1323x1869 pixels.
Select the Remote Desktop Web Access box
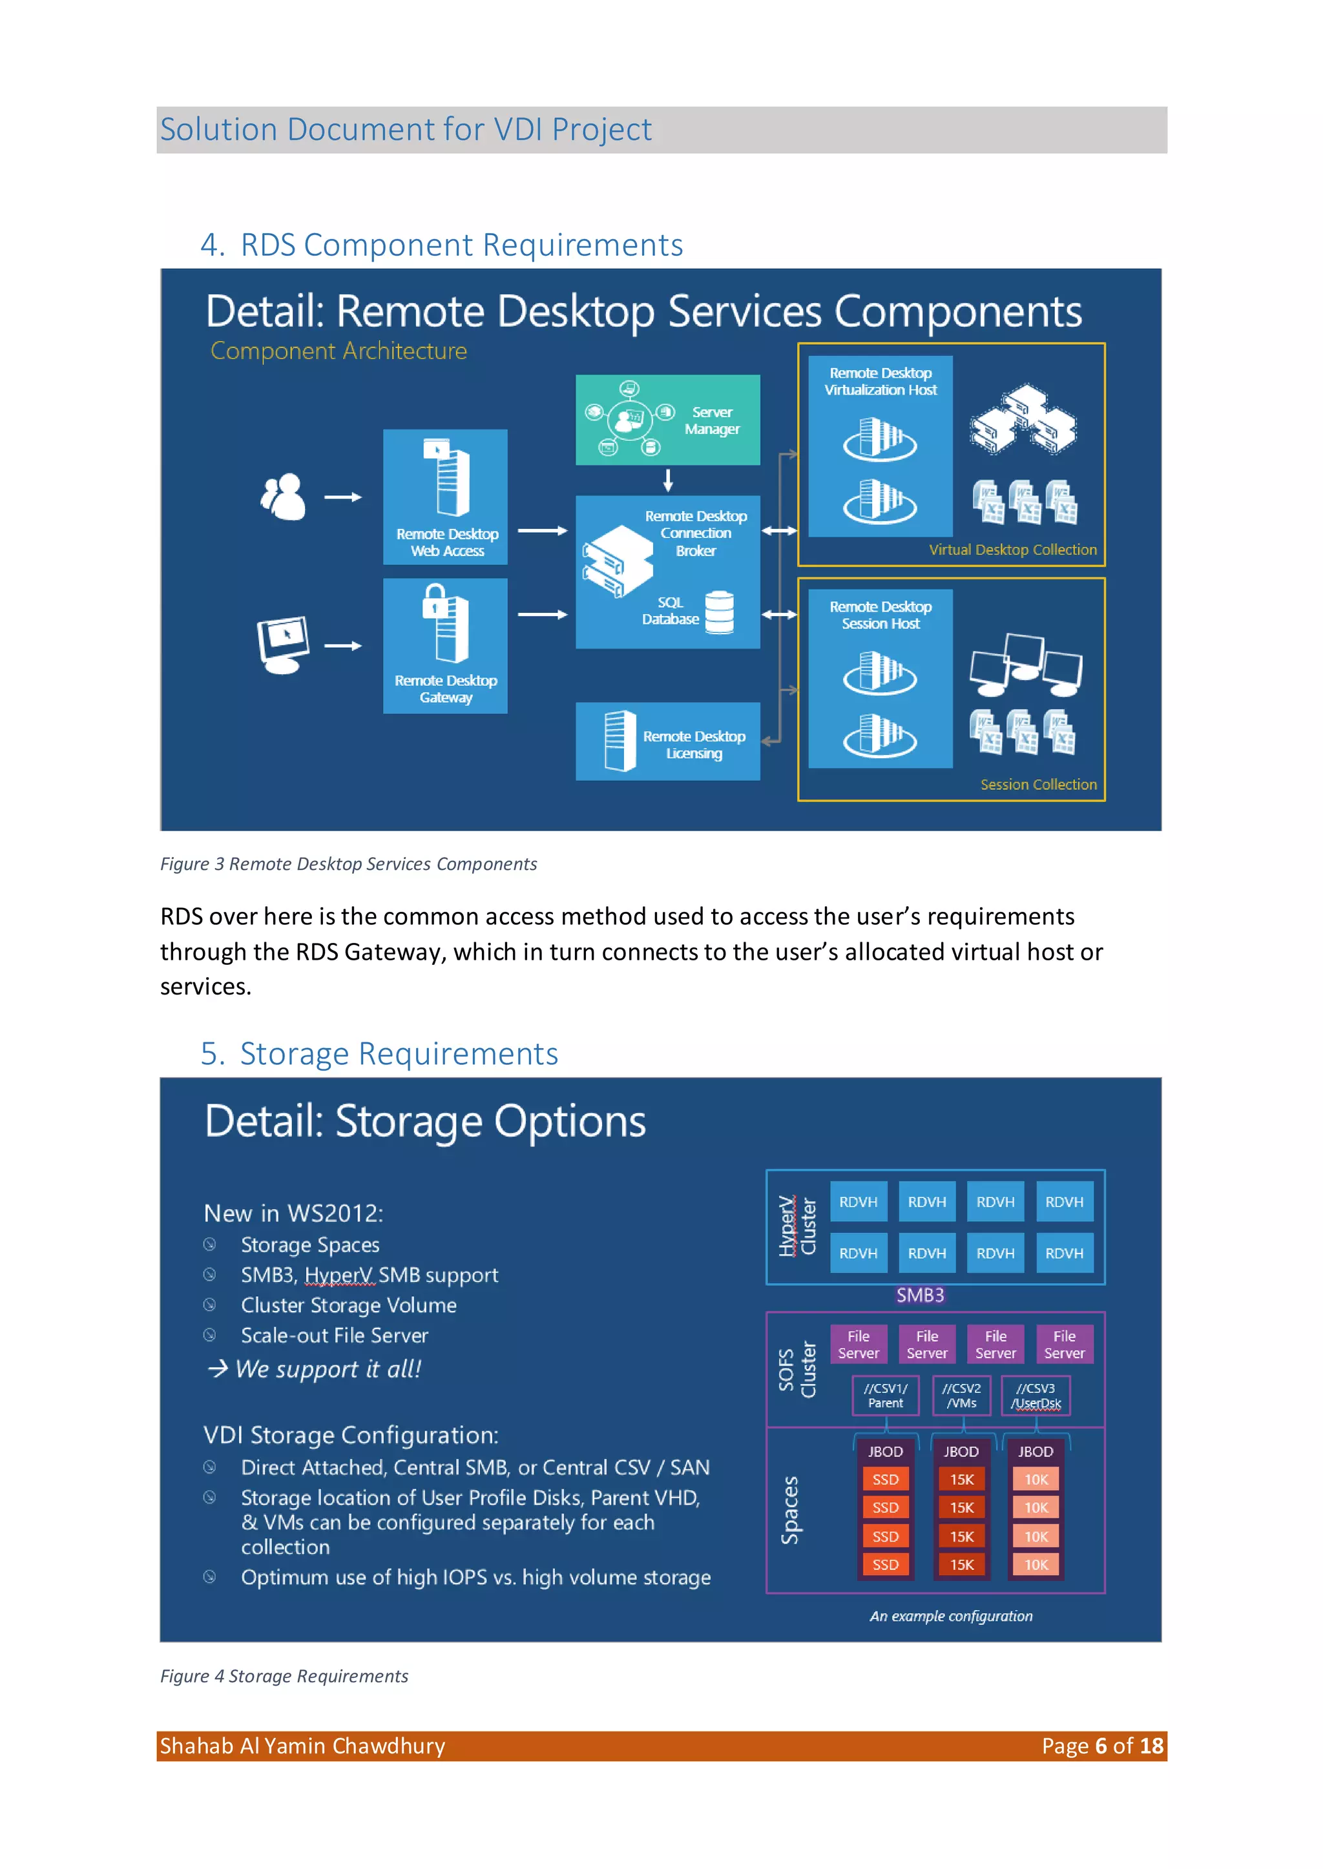(x=445, y=497)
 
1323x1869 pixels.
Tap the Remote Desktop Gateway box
(x=445, y=646)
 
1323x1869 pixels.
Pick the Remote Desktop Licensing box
(x=667, y=741)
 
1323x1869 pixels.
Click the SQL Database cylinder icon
(x=720, y=612)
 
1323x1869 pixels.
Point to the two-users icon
(x=283, y=496)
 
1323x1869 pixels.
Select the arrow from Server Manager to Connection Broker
(x=668, y=480)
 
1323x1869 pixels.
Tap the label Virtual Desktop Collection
(x=1013, y=550)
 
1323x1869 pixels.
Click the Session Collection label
(x=1038, y=784)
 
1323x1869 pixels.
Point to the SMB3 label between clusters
(x=920, y=1295)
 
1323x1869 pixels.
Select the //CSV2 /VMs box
(x=961, y=1395)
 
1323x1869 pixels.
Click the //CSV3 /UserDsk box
(x=1036, y=1395)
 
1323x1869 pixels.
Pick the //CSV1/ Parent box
(x=886, y=1395)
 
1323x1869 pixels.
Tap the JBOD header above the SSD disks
(x=886, y=1451)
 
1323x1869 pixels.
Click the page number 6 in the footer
(x=1101, y=1746)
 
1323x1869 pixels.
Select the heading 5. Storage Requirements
(x=380, y=1054)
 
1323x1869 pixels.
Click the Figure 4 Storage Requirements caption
(x=284, y=1676)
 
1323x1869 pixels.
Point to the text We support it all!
(x=328, y=1369)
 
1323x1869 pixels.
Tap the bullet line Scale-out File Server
(x=334, y=1336)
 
